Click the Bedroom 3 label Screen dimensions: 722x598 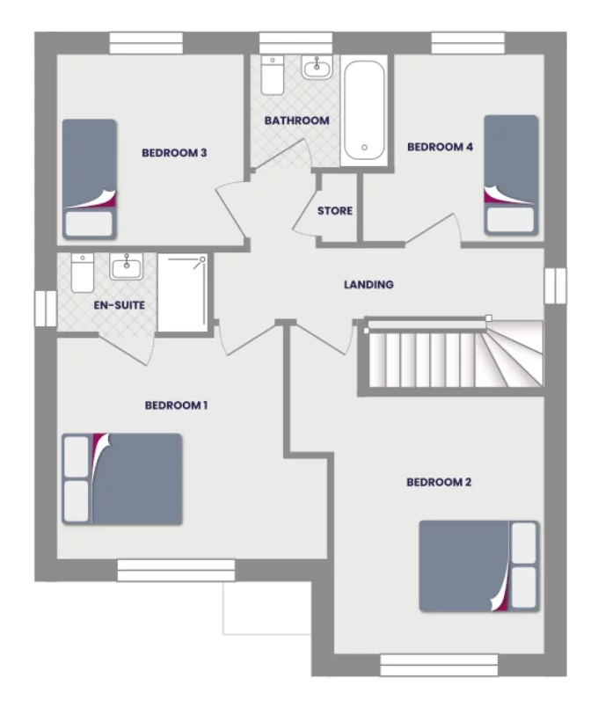[174, 153]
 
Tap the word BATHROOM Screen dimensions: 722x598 [297, 120]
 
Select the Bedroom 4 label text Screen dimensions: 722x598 [440, 147]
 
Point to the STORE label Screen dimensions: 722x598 [335, 211]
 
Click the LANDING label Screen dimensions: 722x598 [368, 285]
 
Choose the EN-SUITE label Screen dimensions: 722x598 [119, 305]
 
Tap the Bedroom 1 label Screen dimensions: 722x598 [176, 405]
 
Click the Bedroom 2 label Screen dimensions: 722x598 [439, 482]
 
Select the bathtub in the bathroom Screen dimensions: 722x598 [363, 109]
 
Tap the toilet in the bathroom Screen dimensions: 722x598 [272, 76]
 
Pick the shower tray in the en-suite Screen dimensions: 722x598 [183, 293]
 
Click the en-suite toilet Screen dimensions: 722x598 [82, 273]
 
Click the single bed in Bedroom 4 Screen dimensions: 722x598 [511, 174]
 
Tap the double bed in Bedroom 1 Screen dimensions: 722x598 [122, 479]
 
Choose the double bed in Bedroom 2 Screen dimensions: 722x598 [478, 565]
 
